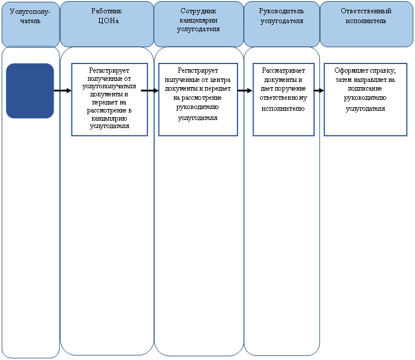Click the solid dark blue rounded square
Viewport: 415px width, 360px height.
[30, 91]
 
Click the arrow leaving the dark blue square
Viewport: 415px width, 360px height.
[63, 91]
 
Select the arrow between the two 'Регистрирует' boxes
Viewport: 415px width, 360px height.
[149, 91]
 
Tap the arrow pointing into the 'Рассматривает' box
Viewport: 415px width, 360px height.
[245, 91]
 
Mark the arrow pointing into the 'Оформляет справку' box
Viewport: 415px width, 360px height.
[319, 91]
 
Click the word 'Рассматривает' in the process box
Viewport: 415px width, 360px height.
[283, 70]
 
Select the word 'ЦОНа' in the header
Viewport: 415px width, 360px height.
[108, 21]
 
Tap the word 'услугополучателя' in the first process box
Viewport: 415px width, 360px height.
[109, 87]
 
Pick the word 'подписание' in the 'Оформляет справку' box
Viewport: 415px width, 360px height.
[365, 88]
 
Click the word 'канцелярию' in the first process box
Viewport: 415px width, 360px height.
[109, 118]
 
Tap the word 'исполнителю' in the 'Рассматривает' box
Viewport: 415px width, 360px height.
[283, 108]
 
